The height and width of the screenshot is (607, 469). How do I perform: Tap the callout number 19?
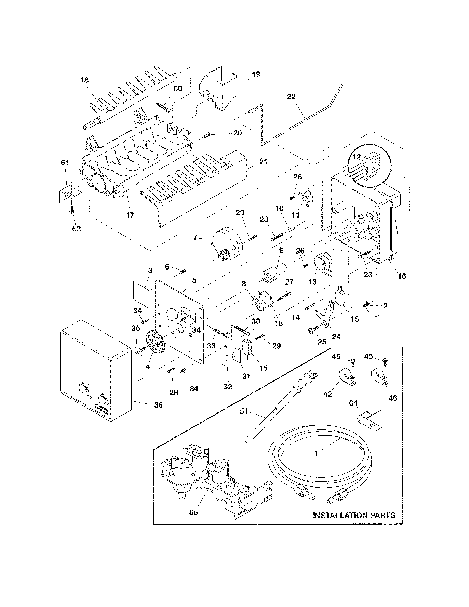pyautogui.click(x=256, y=74)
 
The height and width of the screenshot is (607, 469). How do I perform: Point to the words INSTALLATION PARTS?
pyautogui.click(x=354, y=515)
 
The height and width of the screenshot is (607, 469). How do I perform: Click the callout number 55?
pyautogui.click(x=193, y=513)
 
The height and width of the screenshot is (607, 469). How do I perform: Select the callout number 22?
pyautogui.click(x=291, y=97)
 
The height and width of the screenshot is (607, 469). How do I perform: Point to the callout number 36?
pyautogui.click(x=158, y=405)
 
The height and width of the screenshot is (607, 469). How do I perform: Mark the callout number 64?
pyautogui.click(x=353, y=403)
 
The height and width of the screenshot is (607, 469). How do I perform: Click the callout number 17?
pyautogui.click(x=130, y=215)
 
